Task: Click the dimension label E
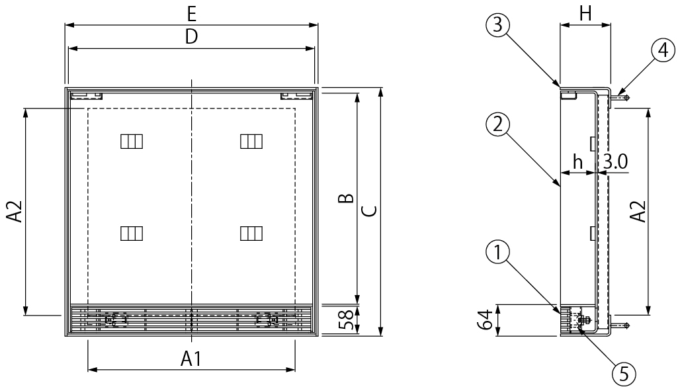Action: coord(192,15)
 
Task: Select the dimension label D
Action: coord(191,37)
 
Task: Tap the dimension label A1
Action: coord(191,359)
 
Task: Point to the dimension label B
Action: coord(346,198)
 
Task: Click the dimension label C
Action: coord(370,211)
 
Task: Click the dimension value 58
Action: coord(347,320)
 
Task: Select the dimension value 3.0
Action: coord(615,162)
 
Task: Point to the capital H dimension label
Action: coord(585,14)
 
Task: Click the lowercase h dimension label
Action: coord(577,162)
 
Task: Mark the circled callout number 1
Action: coord(497,252)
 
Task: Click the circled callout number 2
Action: coord(497,124)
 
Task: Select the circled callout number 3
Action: coord(497,24)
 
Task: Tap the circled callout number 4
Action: coord(663,51)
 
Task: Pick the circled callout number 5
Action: coord(624,374)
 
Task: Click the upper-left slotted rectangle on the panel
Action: coord(132,142)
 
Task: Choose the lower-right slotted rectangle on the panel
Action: coord(251,234)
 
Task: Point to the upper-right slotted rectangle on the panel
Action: coord(251,142)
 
